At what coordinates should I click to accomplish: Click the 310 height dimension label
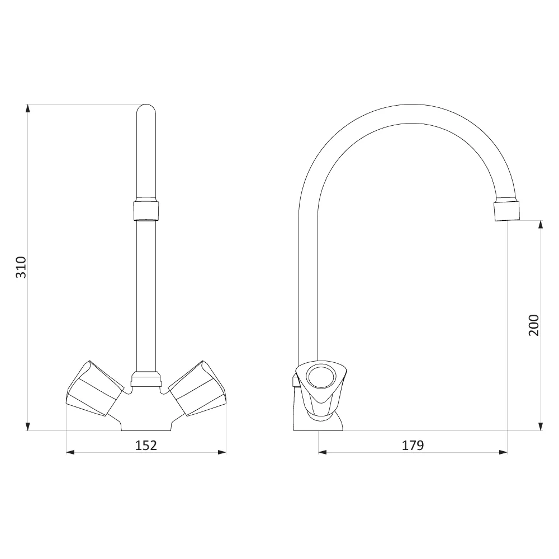click(21, 267)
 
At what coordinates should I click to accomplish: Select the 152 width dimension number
click(146, 446)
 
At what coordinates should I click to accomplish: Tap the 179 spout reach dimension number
click(413, 446)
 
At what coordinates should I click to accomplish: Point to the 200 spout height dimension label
click(534, 325)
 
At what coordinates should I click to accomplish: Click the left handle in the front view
click(95, 389)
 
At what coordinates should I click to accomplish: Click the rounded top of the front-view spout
click(146, 109)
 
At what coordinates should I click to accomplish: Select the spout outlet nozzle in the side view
click(506, 211)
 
